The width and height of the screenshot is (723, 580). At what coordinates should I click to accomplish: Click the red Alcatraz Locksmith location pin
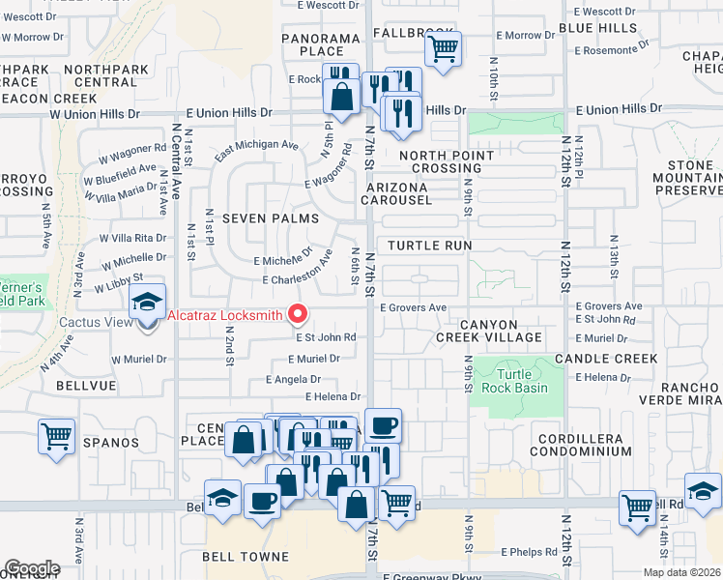pos(298,315)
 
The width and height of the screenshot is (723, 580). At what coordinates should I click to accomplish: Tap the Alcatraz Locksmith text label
pos(224,315)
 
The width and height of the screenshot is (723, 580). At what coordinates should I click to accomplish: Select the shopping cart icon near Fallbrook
pos(443,48)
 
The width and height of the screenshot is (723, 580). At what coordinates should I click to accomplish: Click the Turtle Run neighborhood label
pos(430,246)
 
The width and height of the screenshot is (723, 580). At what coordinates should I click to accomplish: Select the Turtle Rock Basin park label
pos(522,381)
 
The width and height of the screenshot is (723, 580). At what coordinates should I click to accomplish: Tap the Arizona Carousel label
pos(396,192)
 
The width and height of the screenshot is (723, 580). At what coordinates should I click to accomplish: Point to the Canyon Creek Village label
pos(488,331)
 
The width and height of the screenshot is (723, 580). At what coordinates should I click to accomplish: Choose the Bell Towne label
pos(246,557)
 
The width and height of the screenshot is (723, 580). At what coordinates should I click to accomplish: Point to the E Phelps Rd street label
pos(529,552)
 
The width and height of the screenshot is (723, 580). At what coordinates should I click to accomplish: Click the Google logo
pos(32,568)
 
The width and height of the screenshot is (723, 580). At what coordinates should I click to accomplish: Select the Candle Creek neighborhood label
pos(606,359)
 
